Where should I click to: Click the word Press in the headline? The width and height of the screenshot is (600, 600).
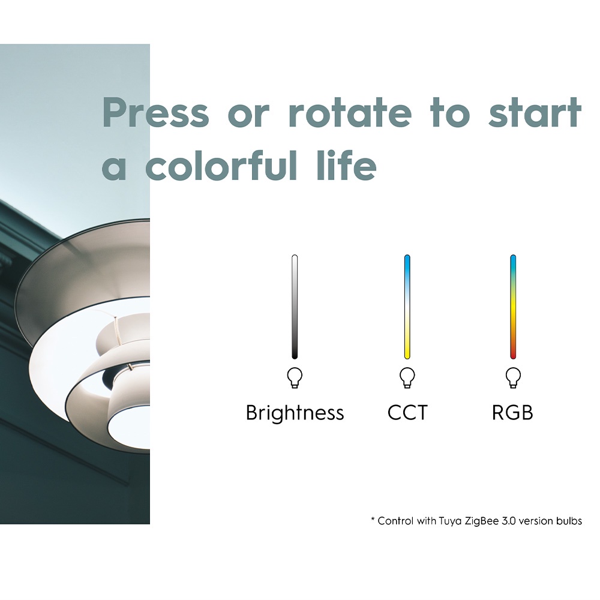[x=156, y=112]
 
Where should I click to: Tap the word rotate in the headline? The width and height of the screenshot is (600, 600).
[x=350, y=112]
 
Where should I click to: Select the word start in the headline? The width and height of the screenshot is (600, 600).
[x=535, y=112]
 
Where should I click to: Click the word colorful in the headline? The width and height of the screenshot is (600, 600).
[x=221, y=166]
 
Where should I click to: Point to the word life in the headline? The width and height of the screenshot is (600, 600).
[x=347, y=166]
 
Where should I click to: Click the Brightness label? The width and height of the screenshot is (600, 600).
[x=295, y=413]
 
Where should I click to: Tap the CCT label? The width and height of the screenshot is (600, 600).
[x=407, y=413]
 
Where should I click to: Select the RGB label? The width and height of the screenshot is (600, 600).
[x=512, y=413]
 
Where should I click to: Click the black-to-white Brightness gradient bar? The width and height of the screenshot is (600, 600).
[x=295, y=307]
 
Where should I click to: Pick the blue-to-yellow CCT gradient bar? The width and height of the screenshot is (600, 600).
[x=407, y=307]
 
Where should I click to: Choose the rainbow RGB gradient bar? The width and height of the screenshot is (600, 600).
[x=513, y=307]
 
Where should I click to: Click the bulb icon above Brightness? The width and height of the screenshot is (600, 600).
[x=295, y=377]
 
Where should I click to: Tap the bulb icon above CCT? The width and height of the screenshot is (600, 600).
[x=407, y=377]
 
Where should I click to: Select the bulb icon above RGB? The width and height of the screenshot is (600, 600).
[x=513, y=377]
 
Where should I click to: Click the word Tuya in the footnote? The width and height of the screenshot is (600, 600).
[x=450, y=521]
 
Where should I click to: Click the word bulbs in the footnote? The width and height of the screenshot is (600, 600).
[x=569, y=521]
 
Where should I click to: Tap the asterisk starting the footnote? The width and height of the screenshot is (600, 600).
[x=373, y=519]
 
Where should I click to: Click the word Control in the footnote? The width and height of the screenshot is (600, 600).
[x=395, y=521]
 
